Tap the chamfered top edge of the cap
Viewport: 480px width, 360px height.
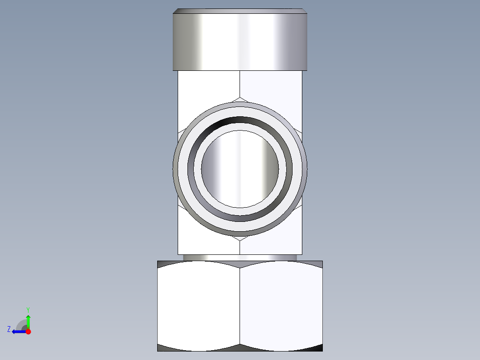[x=240, y=11]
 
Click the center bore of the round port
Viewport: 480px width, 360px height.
[x=240, y=168]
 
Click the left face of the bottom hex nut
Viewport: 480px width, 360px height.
[x=199, y=305]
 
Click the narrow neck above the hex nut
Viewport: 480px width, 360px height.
[x=240, y=258]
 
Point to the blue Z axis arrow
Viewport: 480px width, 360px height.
[x=18, y=331]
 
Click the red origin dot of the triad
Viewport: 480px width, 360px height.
[x=28, y=331]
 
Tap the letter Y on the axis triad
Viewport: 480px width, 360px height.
[x=28, y=309]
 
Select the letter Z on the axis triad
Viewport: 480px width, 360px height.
[x=9, y=329]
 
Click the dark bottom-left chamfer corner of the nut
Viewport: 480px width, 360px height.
[x=163, y=348]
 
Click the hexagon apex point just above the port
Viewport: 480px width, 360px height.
[x=240, y=97]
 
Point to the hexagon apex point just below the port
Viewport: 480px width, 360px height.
[x=240, y=241]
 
